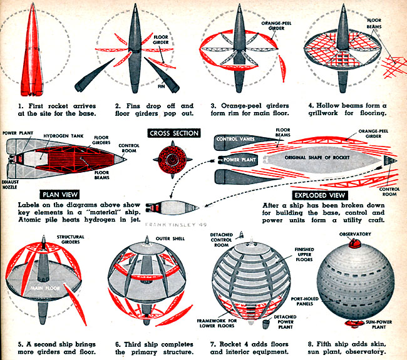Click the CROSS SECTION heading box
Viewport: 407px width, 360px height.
pyautogui.click(x=173, y=133)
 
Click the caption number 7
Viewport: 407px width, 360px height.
pyautogui.click(x=210, y=343)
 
